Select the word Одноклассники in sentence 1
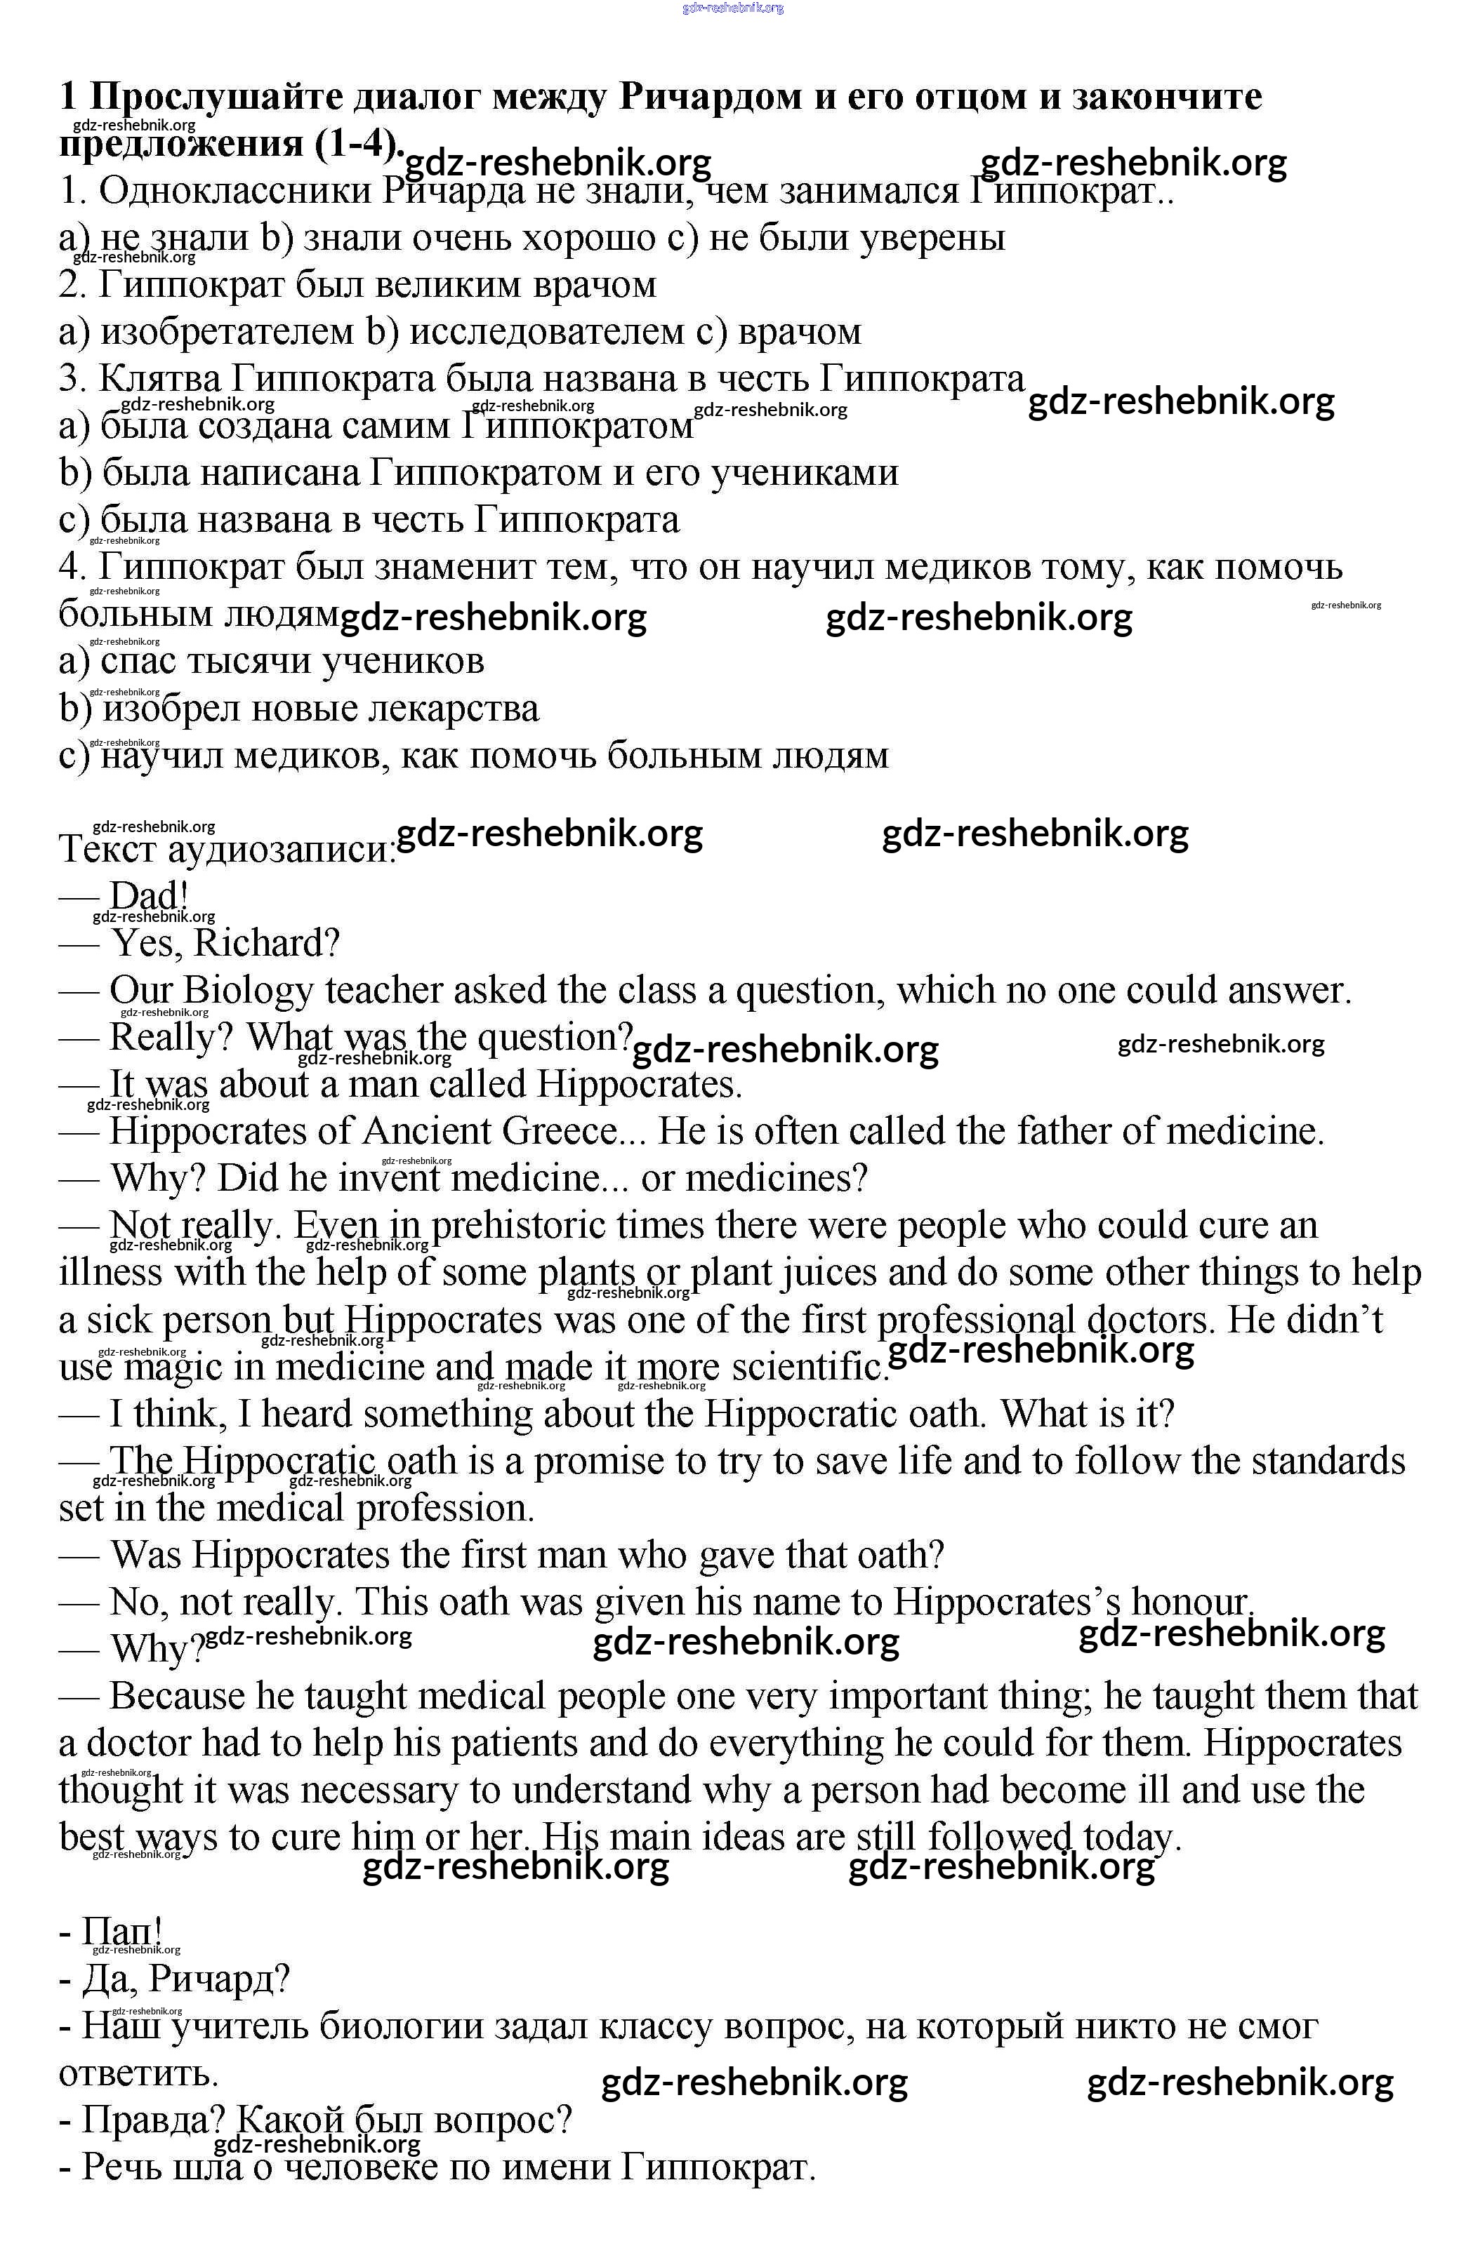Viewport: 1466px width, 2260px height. pos(237,191)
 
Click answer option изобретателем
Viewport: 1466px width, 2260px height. pos(228,331)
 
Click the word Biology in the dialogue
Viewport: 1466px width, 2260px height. pos(247,991)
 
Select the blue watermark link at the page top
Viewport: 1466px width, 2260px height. pos(732,8)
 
